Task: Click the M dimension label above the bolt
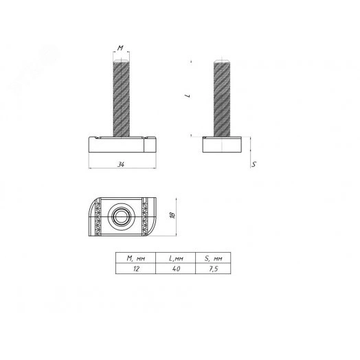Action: (x=120, y=49)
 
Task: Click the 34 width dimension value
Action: (x=120, y=164)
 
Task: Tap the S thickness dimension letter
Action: (x=254, y=165)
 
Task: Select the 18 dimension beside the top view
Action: (x=172, y=216)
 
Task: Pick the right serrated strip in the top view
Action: (x=145, y=216)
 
